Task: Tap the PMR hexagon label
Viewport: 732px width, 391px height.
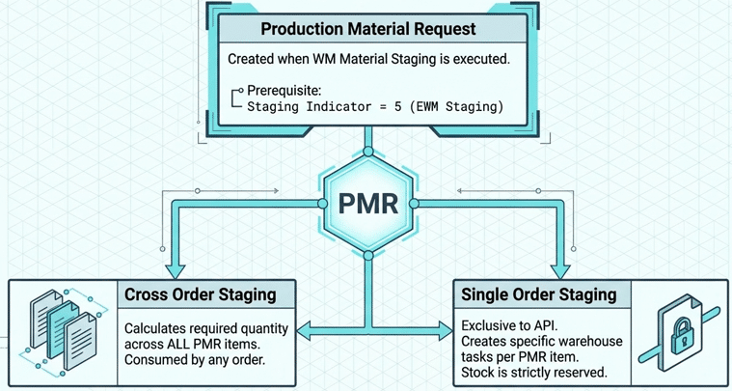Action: pos(368,204)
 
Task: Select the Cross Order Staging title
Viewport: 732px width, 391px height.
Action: pos(201,294)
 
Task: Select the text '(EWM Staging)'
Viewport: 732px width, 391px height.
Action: pos(461,106)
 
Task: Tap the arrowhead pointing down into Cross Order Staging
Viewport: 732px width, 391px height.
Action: pos(175,267)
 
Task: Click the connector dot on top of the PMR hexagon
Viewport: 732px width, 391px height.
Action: pos(368,153)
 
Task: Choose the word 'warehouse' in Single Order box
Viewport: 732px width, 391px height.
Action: pos(587,341)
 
